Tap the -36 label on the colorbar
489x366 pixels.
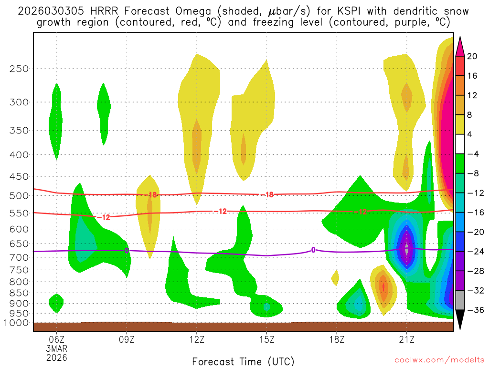click(474, 310)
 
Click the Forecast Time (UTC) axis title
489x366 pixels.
click(243, 361)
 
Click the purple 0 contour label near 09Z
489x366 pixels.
click(127, 250)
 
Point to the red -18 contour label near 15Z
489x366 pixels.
click(266, 194)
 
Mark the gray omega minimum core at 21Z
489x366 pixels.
click(406, 249)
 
